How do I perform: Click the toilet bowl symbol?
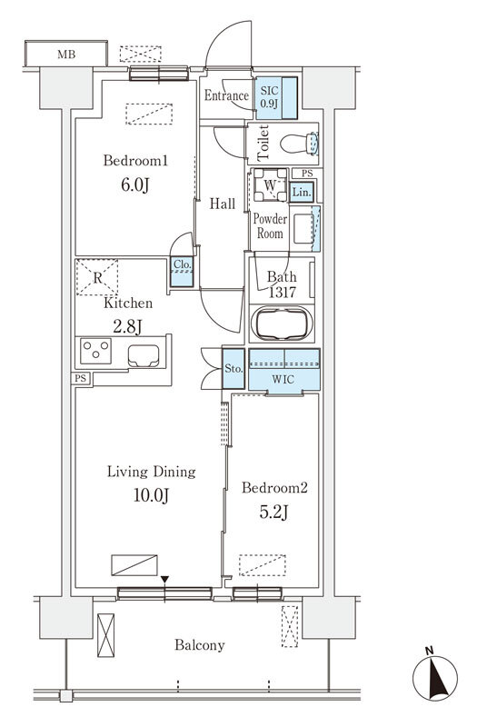[x=300, y=144]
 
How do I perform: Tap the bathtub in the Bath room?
[x=282, y=324]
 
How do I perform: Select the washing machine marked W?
[x=270, y=185]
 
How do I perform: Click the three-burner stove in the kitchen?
[x=96, y=351]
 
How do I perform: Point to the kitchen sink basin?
[x=144, y=355]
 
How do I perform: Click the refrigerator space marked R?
[x=97, y=277]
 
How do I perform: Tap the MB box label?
[x=66, y=55]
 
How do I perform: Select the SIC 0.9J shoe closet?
[x=276, y=98]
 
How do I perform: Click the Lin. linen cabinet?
[x=302, y=192]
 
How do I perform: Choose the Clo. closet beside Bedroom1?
[x=182, y=272]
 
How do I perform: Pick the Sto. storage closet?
[x=234, y=369]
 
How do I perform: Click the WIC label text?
[x=283, y=379]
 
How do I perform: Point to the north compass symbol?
[x=435, y=677]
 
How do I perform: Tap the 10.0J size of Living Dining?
[x=151, y=495]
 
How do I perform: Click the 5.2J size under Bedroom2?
[x=273, y=512]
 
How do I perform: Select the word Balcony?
[x=200, y=645]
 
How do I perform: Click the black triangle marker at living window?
[x=164, y=580]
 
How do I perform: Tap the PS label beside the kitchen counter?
[x=81, y=378]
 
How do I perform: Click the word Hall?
[x=222, y=204]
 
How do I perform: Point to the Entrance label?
[x=226, y=95]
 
